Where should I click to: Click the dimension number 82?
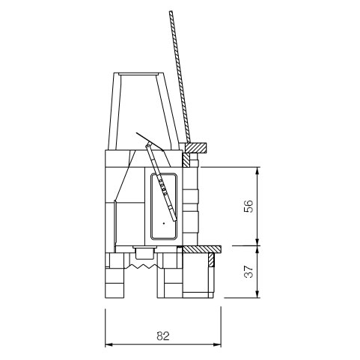(163, 336)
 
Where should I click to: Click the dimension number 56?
(248, 206)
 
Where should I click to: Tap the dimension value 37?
(248, 272)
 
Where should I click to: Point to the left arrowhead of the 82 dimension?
(109, 344)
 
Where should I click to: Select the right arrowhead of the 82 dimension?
(217, 344)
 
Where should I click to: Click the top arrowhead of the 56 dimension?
(257, 171)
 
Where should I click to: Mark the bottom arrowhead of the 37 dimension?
(257, 294)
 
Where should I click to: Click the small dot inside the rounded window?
(164, 223)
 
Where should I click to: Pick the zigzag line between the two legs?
(142, 266)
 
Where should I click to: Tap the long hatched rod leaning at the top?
(180, 77)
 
